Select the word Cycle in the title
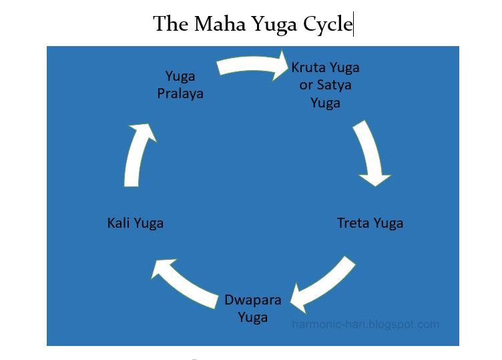pos(327,25)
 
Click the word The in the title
pos(172,25)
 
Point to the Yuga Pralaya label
pos(180,85)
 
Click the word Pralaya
pos(180,94)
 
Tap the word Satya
pos(335,85)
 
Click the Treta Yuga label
pos(370,223)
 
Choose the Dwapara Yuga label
pos(252,308)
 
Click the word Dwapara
pos(252,300)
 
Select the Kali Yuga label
pos(135,223)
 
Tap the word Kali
pos(119,223)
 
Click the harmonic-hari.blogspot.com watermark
pos(366,325)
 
